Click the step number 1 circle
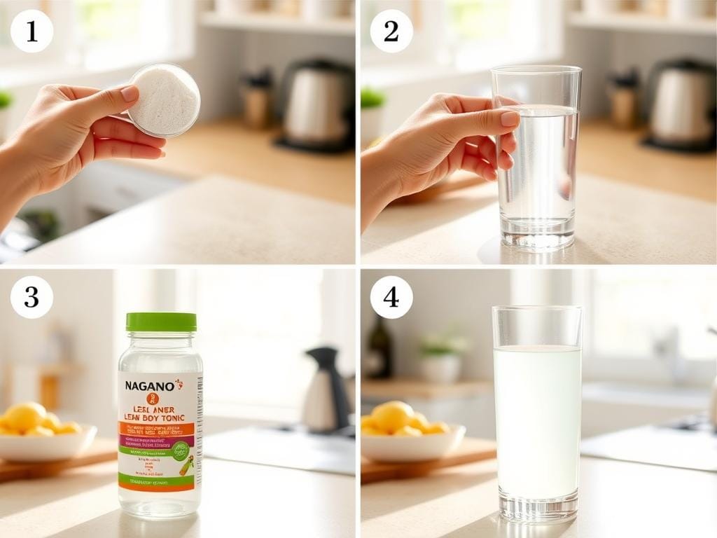[32, 32]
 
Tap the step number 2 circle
[391, 32]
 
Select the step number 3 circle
[32, 297]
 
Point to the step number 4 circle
[391, 297]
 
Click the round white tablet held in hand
[164, 100]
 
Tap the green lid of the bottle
[161, 322]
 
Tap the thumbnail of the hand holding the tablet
[130, 94]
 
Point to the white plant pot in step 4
[440, 368]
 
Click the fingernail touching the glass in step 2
[509, 119]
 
